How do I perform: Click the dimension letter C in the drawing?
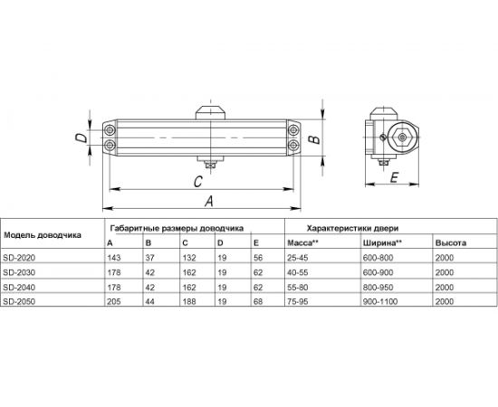(197, 181)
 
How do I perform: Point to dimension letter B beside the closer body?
(311, 139)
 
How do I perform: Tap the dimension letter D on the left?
(80, 138)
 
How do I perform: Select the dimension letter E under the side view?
(394, 178)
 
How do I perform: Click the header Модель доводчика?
(42, 234)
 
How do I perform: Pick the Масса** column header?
(301, 244)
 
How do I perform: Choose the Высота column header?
(450, 244)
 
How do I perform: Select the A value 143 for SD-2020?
(113, 258)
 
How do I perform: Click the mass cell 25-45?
(298, 258)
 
